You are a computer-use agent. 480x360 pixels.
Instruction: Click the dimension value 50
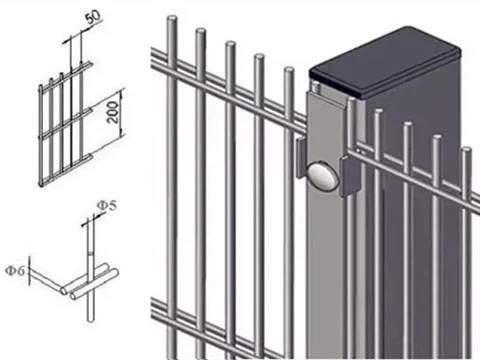pos(93,17)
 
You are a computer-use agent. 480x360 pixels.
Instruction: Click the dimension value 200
pos(113,112)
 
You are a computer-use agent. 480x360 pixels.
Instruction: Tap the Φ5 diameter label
pos(107,206)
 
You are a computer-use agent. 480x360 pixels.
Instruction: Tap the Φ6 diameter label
pos(15,271)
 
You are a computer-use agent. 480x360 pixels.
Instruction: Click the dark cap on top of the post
pos(385,62)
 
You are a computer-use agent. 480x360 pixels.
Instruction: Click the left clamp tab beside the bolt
pos(301,157)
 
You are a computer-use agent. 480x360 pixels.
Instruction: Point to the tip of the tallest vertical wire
pos(171,17)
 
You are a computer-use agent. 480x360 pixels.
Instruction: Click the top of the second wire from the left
pos(201,31)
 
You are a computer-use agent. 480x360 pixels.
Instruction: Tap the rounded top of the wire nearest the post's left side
pos(289,70)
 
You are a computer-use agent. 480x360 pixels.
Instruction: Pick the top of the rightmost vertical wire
pos(466,150)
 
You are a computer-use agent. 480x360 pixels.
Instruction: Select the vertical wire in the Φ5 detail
pos(90,269)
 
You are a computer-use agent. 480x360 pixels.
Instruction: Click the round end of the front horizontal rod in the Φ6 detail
pos(73,295)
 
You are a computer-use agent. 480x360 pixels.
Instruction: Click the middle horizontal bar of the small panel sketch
pos(65,122)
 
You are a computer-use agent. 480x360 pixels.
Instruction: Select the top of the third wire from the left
pos(230,44)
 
